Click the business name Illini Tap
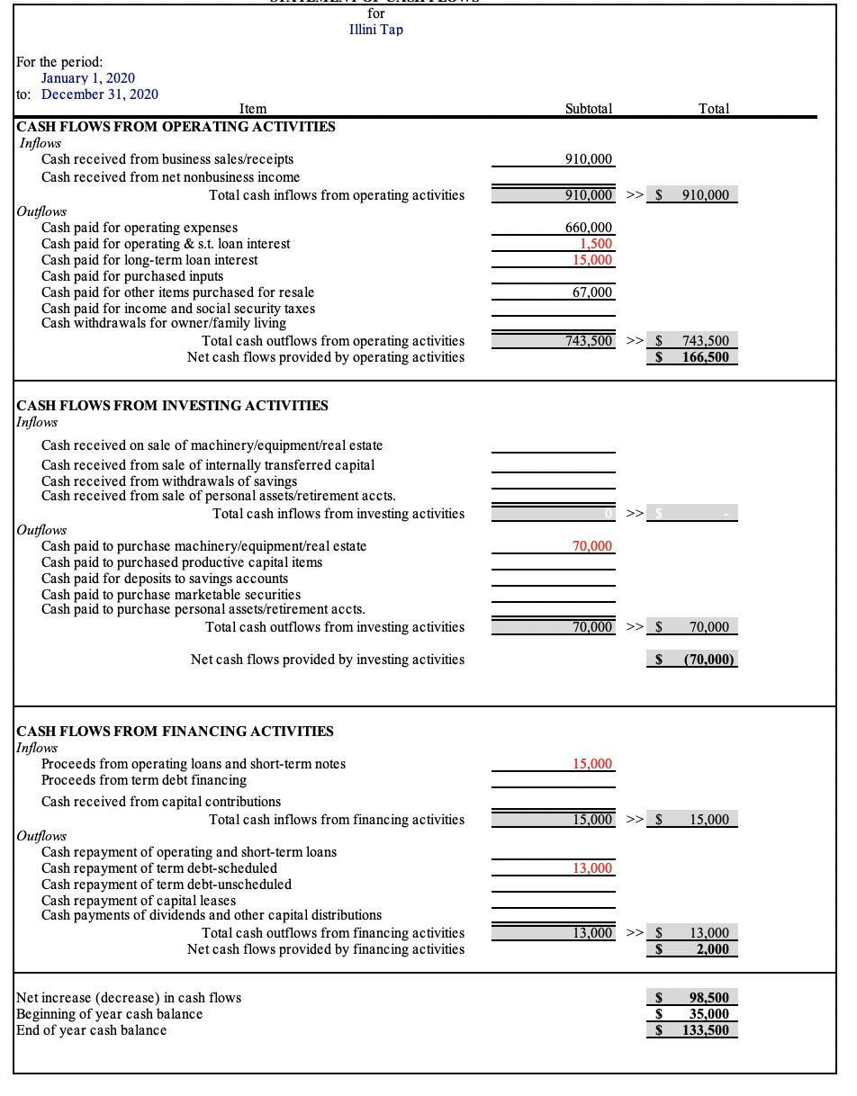tap(375, 30)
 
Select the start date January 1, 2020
tap(88, 78)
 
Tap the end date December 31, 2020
tap(100, 94)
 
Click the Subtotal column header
tap(589, 109)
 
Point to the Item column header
tap(253, 109)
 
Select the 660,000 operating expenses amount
tap(589, 228)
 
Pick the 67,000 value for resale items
tap(592, 292)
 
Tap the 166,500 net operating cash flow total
tap(706, 357)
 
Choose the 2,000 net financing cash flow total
tap(712, 949)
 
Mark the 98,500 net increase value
tap(708, 998)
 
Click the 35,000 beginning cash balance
tap(708, 1014)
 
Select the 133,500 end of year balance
tap(706, 1030)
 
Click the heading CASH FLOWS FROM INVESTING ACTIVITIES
tap(173, 406)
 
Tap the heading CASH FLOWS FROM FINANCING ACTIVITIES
tap(176, 732)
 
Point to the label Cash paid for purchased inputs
tap(132, 276)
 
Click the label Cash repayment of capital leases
tap(139, 901)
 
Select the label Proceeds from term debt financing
tap(144, 780)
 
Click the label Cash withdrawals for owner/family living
tap(164, 323)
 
